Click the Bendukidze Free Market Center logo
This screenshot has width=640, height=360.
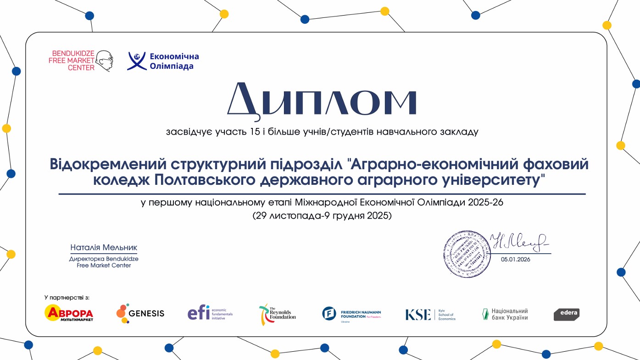click(x=80, y=61)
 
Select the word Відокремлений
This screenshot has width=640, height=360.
click(x=107, y=164)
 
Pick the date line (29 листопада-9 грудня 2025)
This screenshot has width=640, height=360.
click(x=322, y=215)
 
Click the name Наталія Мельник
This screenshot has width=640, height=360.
click(x=104, y=248)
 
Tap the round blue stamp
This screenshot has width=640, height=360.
click(x=467, y=254)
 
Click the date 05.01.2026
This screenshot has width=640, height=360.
click(x=515, y=259)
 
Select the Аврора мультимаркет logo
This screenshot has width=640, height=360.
click(x=69, y=313)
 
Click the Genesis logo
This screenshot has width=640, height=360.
click(x=140, y=313)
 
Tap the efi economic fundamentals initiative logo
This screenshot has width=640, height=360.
click(x=210, y=313)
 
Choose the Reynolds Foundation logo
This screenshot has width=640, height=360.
click(x=277, y=314)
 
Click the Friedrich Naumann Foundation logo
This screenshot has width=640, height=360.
click(x=351, y=314)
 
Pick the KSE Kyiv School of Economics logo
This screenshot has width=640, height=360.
click(x=430, y=315)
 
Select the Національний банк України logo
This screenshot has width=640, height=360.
click(x=505, y=314)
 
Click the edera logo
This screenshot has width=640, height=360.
click(x=566, y=314)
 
